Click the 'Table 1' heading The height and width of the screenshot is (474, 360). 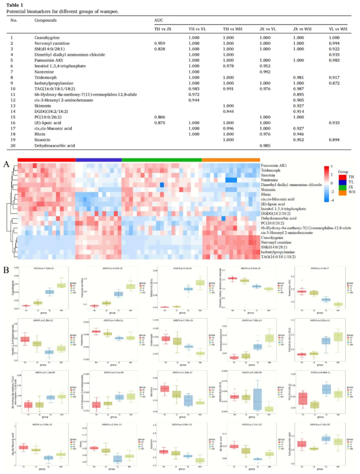pyautogui.click(x=16, y=4)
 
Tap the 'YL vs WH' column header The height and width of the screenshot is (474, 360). pyautogui.click(x=338, y=29)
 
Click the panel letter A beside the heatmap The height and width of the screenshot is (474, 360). pyautogui.click(x=7, y=164)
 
